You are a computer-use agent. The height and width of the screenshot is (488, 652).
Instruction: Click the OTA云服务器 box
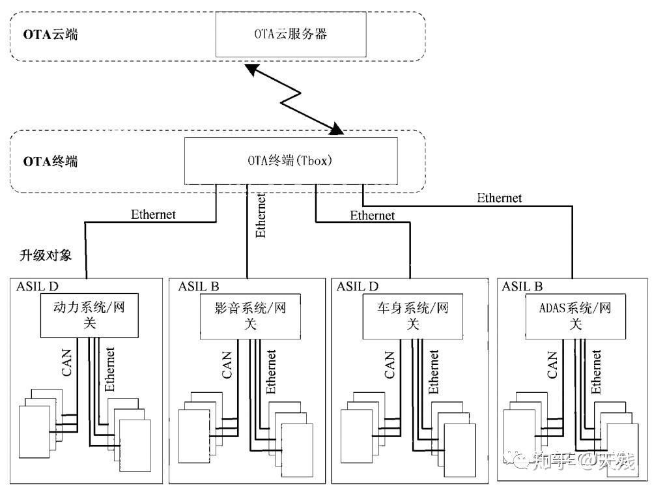pos(291,34)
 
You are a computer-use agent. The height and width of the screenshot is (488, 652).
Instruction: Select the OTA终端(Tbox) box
pos(291,160)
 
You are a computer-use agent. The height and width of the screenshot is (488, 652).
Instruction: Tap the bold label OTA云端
pos(51,35)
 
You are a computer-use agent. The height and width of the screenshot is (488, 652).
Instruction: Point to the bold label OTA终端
pos(51,161)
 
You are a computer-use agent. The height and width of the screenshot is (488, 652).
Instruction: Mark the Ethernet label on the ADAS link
pos(499,197)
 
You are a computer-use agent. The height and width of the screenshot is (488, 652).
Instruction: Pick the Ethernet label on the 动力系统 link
pos(153,214)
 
